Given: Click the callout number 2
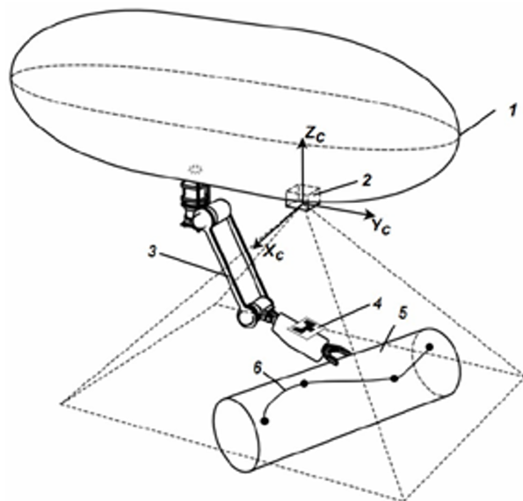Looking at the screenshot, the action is click(367, 180).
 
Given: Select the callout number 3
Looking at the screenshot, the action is click(152, 251).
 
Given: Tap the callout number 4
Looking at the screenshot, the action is click(377, 304).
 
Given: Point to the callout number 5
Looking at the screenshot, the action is click(403, 313).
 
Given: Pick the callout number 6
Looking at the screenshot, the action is click(258, 368).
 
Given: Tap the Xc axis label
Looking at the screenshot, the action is click(274, 252).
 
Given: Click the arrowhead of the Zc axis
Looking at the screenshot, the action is click(302, 142).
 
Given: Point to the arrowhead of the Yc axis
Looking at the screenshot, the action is click(368, 214).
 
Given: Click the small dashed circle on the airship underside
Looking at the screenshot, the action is click(195, 170).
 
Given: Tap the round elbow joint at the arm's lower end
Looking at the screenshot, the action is click(246, 317).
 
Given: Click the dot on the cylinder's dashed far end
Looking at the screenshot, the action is click(430, 347).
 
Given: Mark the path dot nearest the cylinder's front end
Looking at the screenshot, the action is click(265, 421).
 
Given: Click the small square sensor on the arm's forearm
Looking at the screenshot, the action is click(304, 329).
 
